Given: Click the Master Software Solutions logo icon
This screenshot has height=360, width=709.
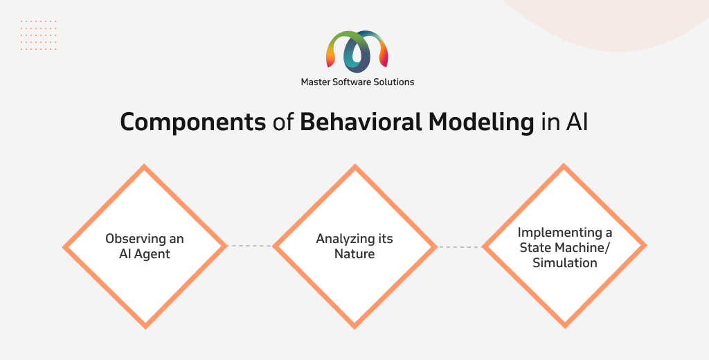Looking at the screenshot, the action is click(357, 51).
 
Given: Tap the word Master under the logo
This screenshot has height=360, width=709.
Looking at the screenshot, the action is click(316, 82).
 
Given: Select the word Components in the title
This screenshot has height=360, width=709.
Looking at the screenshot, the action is click(193, 122).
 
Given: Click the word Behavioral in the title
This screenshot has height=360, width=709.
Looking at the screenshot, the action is click(360, 122).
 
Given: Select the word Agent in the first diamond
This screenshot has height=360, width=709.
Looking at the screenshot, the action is click(152, 254).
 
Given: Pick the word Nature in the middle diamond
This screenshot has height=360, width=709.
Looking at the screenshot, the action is click(354, 253).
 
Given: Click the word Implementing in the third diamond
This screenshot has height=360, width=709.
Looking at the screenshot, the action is click(559, 233).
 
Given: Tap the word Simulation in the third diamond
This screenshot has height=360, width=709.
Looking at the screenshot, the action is click(565, 263).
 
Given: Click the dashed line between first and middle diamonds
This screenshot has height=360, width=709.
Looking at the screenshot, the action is click(249, 246).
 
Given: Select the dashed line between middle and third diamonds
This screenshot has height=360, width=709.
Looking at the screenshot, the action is click(460, 247).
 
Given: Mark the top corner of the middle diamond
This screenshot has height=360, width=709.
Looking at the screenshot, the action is click(355, 165).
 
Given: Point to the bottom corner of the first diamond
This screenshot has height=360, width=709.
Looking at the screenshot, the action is click(145, 327).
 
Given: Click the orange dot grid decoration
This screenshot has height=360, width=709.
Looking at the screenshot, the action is click(39, 35).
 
